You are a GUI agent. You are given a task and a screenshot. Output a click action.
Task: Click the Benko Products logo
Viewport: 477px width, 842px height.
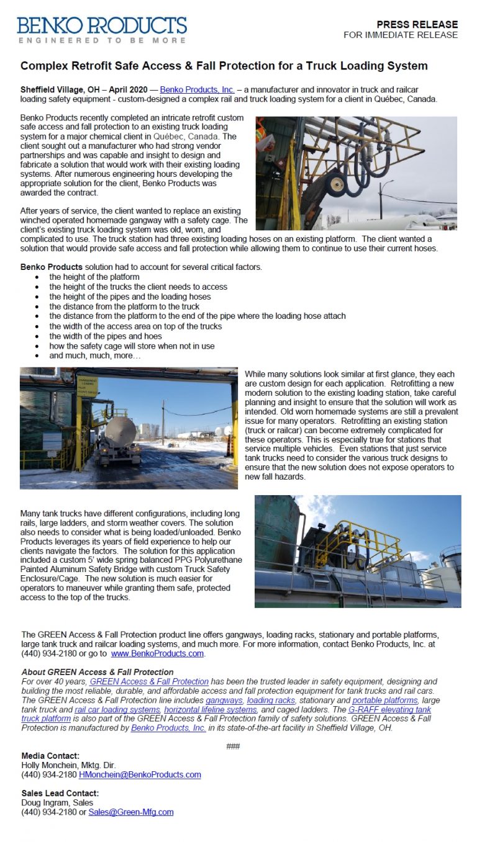click(x=102, y=29)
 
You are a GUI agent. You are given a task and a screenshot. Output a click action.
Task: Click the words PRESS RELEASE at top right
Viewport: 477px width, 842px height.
click(x=417, y=25)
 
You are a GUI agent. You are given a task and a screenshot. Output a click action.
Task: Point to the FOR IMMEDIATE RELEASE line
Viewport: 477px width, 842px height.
click(x=401, y=35)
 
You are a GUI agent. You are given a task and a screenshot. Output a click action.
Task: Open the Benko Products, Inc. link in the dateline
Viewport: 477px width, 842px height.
click(x=197, y=90)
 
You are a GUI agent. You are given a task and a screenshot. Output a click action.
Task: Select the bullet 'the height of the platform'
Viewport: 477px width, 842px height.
click(x=94, y=277)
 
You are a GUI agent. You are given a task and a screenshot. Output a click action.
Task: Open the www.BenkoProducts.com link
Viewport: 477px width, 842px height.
click(x=157, y=653)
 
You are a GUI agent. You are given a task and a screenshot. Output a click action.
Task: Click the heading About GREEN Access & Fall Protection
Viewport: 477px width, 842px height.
click(x=98, y=672)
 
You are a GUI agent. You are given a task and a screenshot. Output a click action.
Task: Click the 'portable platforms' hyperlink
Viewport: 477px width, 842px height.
click(x=385, y=700)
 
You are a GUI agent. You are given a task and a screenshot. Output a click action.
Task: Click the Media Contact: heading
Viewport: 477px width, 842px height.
click(x=50, y=756)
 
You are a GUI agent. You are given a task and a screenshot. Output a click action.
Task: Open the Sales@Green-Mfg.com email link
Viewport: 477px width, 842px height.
click(x=131, y=812)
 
